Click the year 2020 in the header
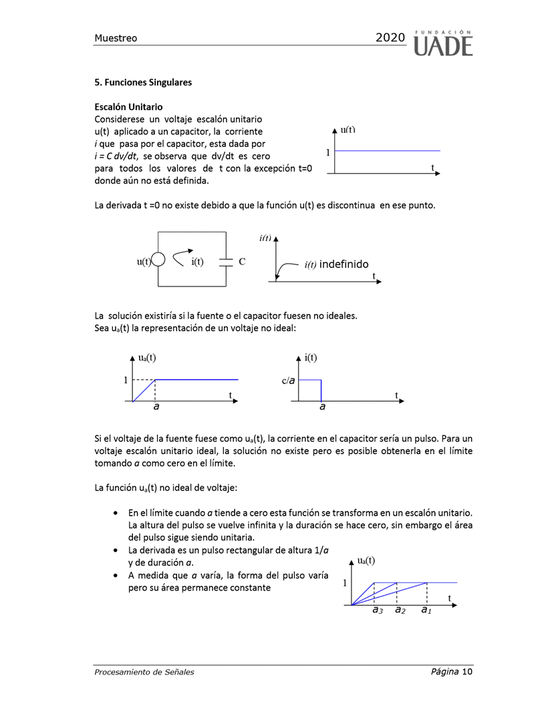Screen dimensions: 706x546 [390, 38]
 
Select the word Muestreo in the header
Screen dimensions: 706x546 [116, 38]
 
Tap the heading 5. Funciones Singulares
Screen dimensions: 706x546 [143, 82]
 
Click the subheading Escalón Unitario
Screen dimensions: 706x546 [128, 107]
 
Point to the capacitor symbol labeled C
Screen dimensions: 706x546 [227, 262]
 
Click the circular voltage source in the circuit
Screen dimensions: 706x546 [158, 261]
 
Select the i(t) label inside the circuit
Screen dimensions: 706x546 [197, 262]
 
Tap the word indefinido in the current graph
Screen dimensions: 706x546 [344, 264]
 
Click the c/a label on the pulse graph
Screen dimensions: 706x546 [288, 381]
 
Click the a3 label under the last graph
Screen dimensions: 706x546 [377, 610]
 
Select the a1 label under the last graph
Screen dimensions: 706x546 [426, 610]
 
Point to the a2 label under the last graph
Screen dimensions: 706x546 [400, 610]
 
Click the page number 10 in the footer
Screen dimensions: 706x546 [467, 671]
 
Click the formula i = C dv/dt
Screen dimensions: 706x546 [117, 156]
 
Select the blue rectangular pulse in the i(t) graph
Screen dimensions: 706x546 [309, 390]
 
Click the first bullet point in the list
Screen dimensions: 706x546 [117, 513]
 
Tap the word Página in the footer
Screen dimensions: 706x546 [444, 671]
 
